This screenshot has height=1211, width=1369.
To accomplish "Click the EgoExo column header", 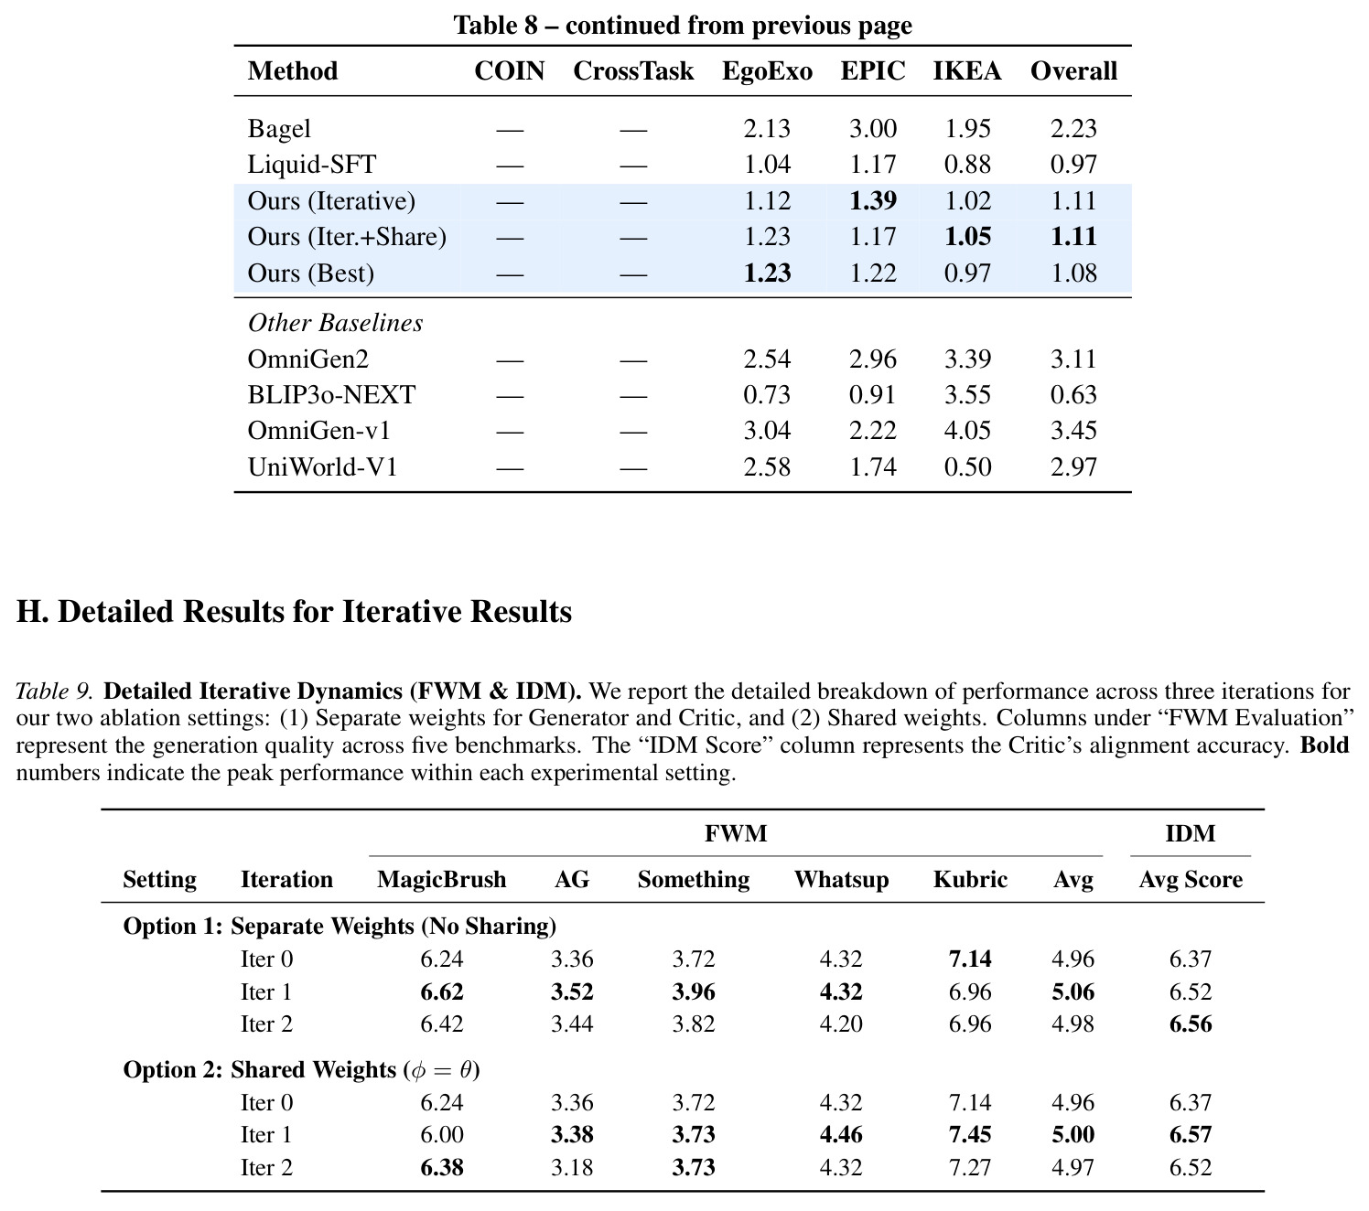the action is [x=767, y=71].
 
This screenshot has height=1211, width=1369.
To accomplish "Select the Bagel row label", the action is [x=279, y=129].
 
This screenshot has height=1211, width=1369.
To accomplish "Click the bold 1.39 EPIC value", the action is [x=873, y=200].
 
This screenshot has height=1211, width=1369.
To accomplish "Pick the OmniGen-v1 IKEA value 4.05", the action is [x=967, y=430].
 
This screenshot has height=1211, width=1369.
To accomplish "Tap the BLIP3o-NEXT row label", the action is [x=331, y=394].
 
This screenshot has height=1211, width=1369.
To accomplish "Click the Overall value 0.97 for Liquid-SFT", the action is [x=1073, y=164].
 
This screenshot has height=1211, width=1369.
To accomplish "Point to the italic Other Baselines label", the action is [x=335, y=323].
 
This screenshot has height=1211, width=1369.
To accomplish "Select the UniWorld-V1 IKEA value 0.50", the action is [x=967, y=466].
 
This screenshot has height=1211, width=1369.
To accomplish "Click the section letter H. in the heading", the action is [x=32, y=611].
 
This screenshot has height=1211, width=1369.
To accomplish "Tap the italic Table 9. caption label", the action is [x=54, y=691].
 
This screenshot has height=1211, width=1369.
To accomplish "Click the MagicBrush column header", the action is [x=441, y=879].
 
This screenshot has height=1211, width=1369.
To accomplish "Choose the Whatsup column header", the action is [x=841, y=879].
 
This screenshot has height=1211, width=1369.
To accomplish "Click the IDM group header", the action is [x=1190, y=833].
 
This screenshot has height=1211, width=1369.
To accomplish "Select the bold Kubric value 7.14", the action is [x=970, y=959].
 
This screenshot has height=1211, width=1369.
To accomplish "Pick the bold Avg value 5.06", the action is [x=1073, y=991].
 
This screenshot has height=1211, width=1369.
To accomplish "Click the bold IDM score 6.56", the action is [x=1191, y=1023].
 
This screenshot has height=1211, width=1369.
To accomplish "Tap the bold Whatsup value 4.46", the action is [x=841, y=1135].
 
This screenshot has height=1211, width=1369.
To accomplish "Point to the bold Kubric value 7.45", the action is [x=970, y=1135].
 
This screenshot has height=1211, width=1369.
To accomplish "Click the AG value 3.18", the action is [x=572, y=1167].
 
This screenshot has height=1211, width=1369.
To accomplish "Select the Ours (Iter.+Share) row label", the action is [x=347, y=237].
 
